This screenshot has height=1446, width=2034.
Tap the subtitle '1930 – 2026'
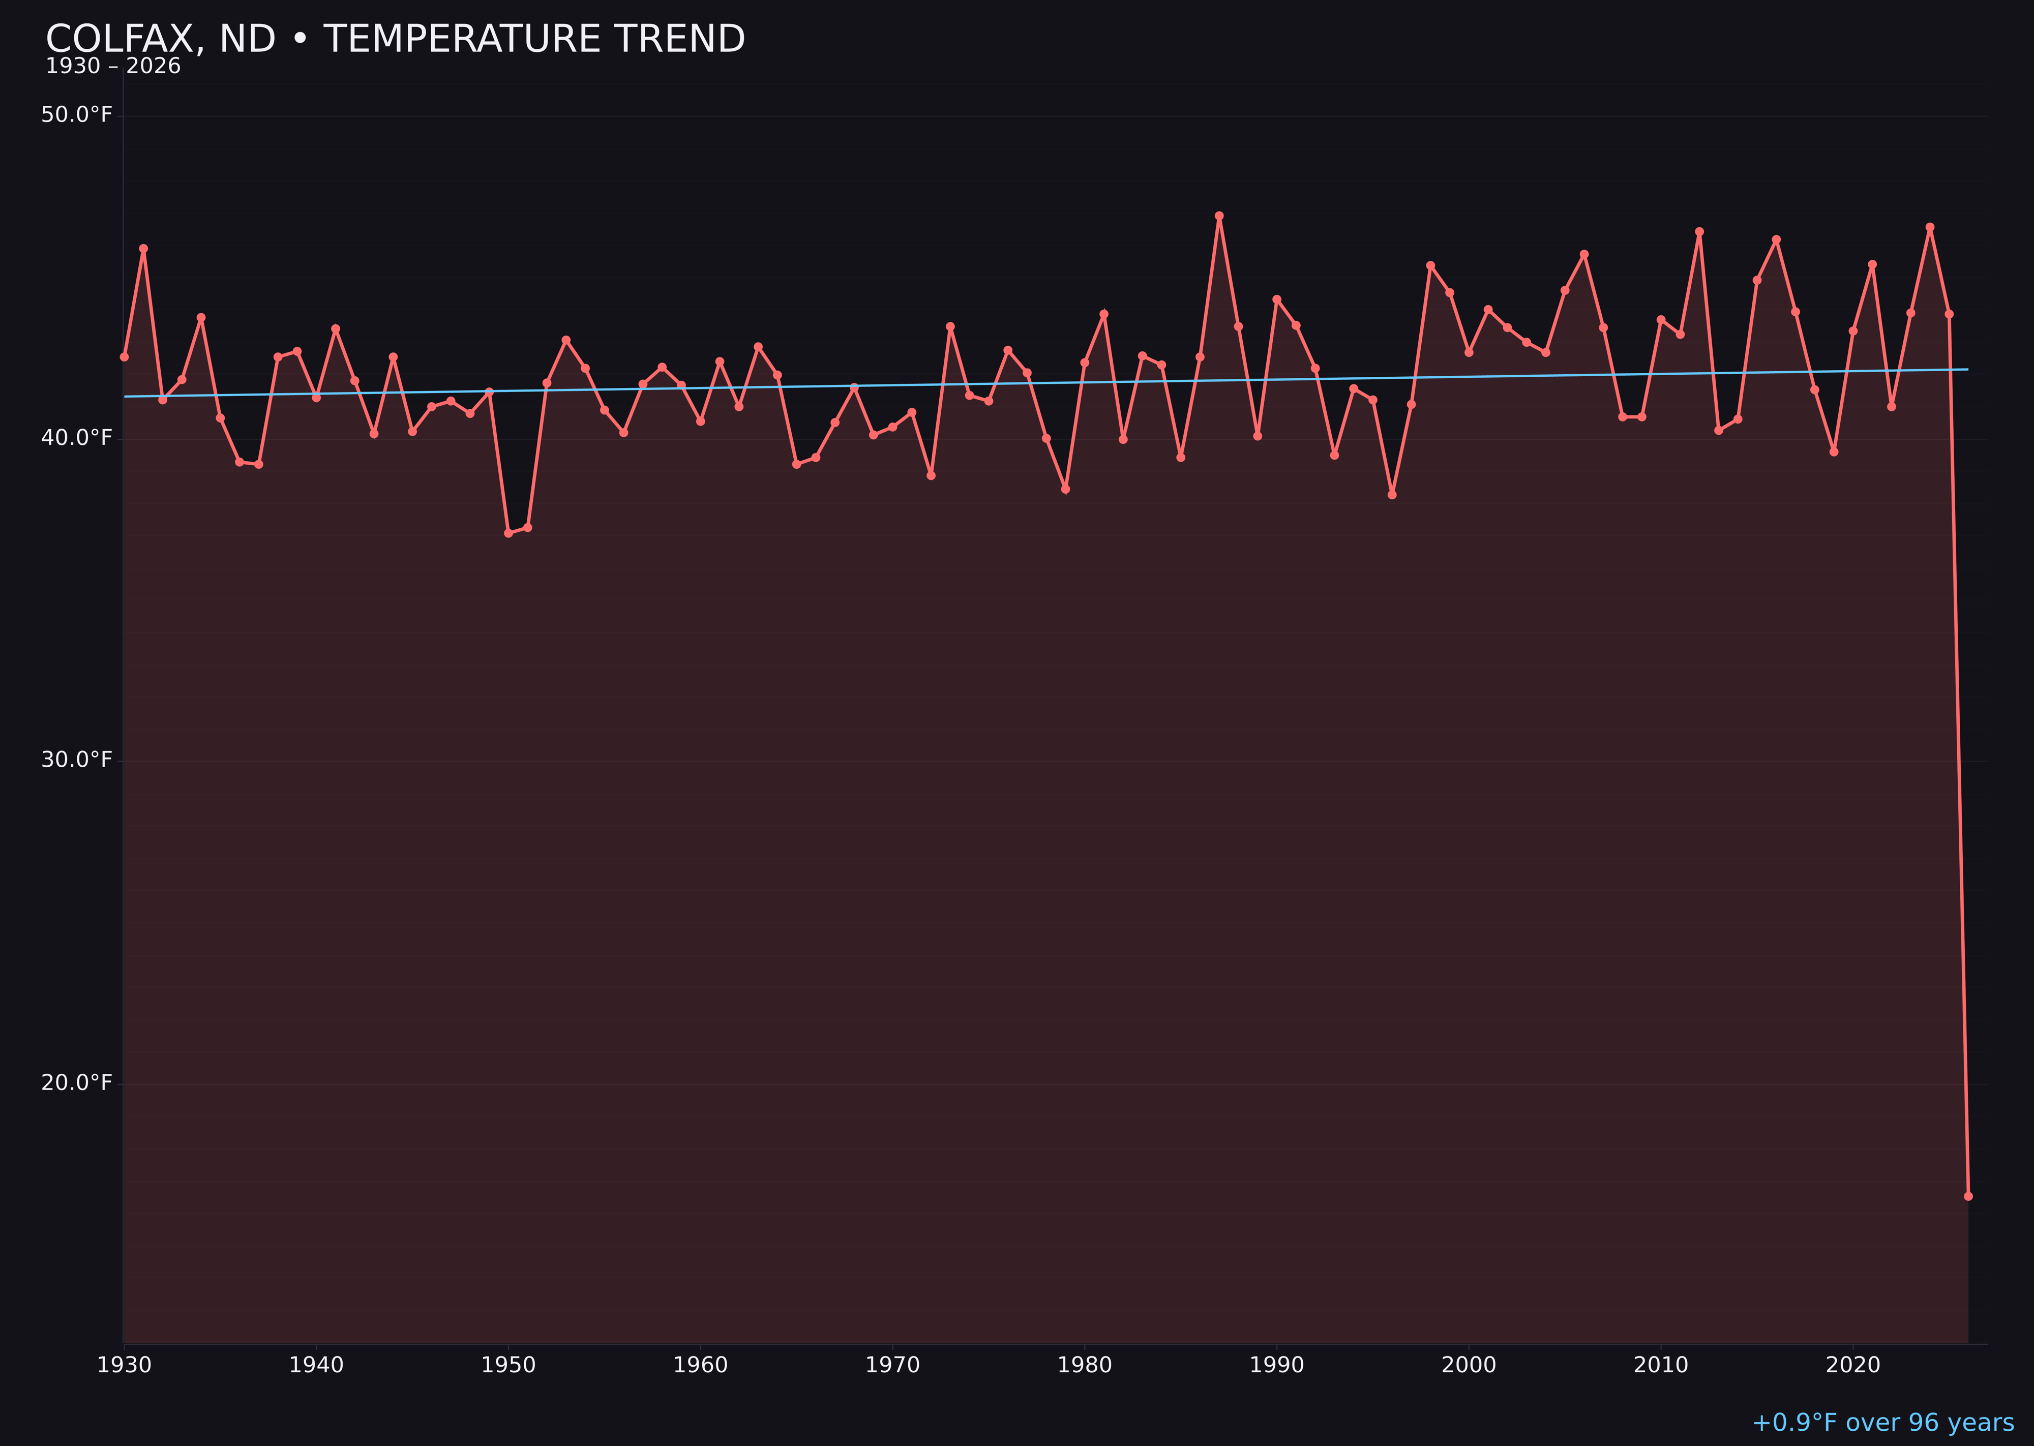pos(113,67)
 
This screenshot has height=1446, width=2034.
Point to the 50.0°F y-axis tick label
pos(77,115)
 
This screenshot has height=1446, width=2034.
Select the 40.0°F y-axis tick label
pos(77,438)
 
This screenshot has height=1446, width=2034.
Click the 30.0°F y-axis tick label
pos(77,761)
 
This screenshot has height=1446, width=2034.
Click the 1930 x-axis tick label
pos(124,1365)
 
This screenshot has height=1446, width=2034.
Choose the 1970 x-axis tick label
pos(892,1365)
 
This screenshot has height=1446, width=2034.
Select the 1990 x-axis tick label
pos(1276,1365)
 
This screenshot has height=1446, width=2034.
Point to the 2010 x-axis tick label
pos(1661,1365)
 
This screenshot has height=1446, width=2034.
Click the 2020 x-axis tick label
pos(1853,1365)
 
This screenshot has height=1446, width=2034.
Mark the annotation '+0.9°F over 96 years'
pos(1882,1423)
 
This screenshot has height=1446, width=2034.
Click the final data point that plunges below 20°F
pos(1968,1196)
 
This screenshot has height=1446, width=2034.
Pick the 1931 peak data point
pos(143,249)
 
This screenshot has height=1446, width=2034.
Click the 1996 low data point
pos(1392,494)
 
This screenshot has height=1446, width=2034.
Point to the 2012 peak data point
pos(1699,231)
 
